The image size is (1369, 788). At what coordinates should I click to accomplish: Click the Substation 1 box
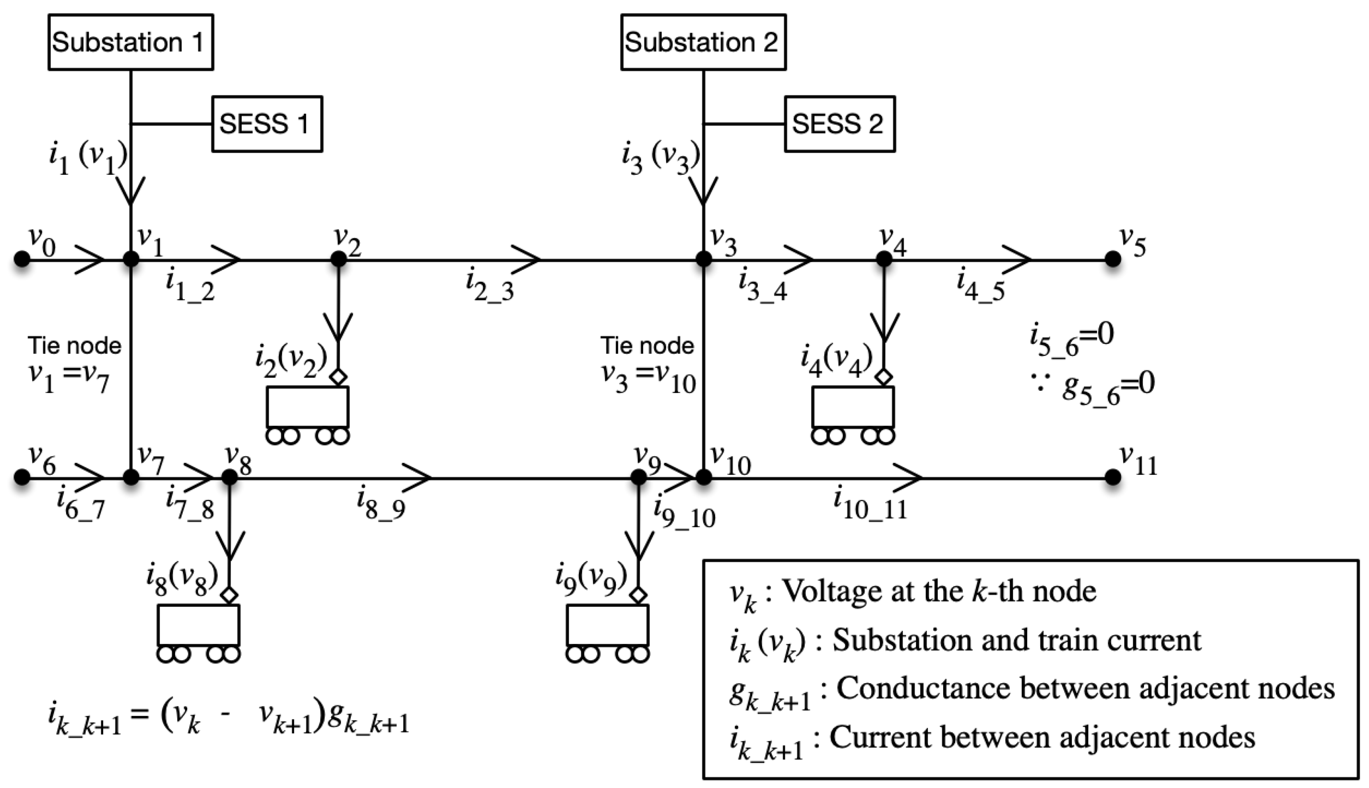coord(130,42)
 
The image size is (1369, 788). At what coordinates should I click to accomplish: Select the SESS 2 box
coord(839,124)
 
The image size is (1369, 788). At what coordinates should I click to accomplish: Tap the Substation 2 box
coord(703,42)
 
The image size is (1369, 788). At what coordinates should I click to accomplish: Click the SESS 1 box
coord(267,124)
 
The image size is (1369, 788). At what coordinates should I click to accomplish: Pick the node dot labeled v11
coord(1112,477)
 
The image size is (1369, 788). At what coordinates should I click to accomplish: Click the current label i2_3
coord(490,287)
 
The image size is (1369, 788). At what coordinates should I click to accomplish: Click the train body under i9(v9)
coord(607,625)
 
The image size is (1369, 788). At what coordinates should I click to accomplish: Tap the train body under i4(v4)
coord(853,407)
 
